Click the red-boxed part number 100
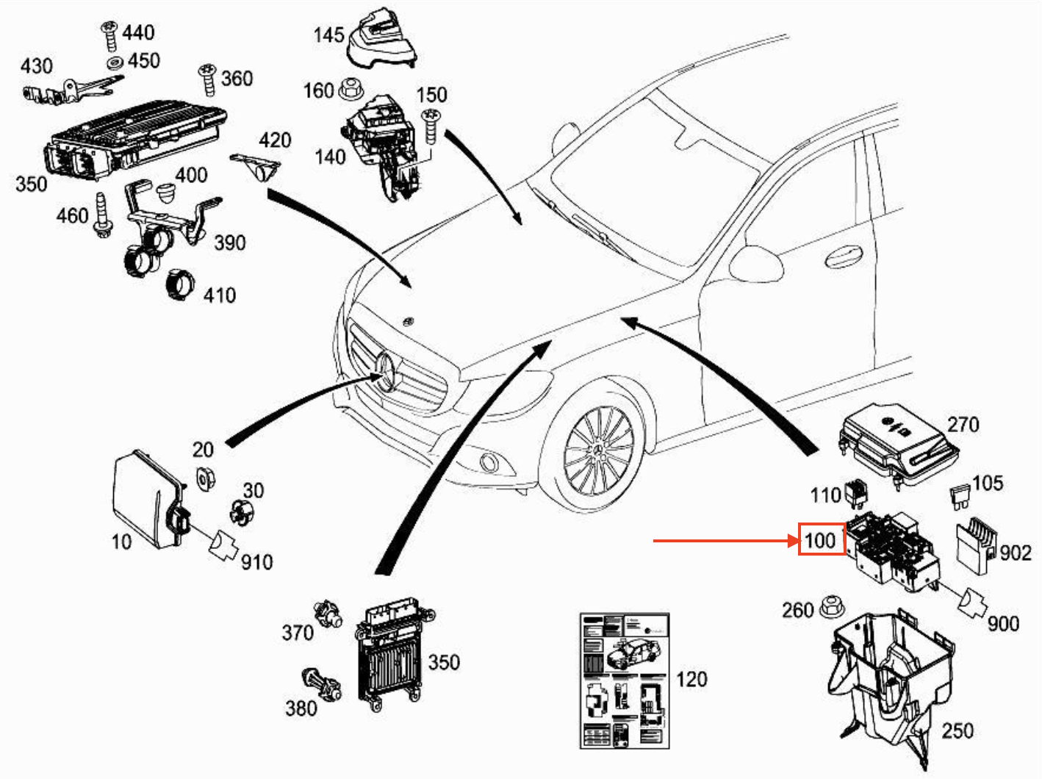[x=821, y=541]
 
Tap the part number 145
[x=328, y=35]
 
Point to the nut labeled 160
[x=348, y=90]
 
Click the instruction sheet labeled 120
[x=625, y=681]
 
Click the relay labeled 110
[x=856, y=492]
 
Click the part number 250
[x=957, y=730]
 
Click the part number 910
[x=256, y=562]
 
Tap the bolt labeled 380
[x=321, y=685]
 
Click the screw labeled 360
[x=206, y=79]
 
